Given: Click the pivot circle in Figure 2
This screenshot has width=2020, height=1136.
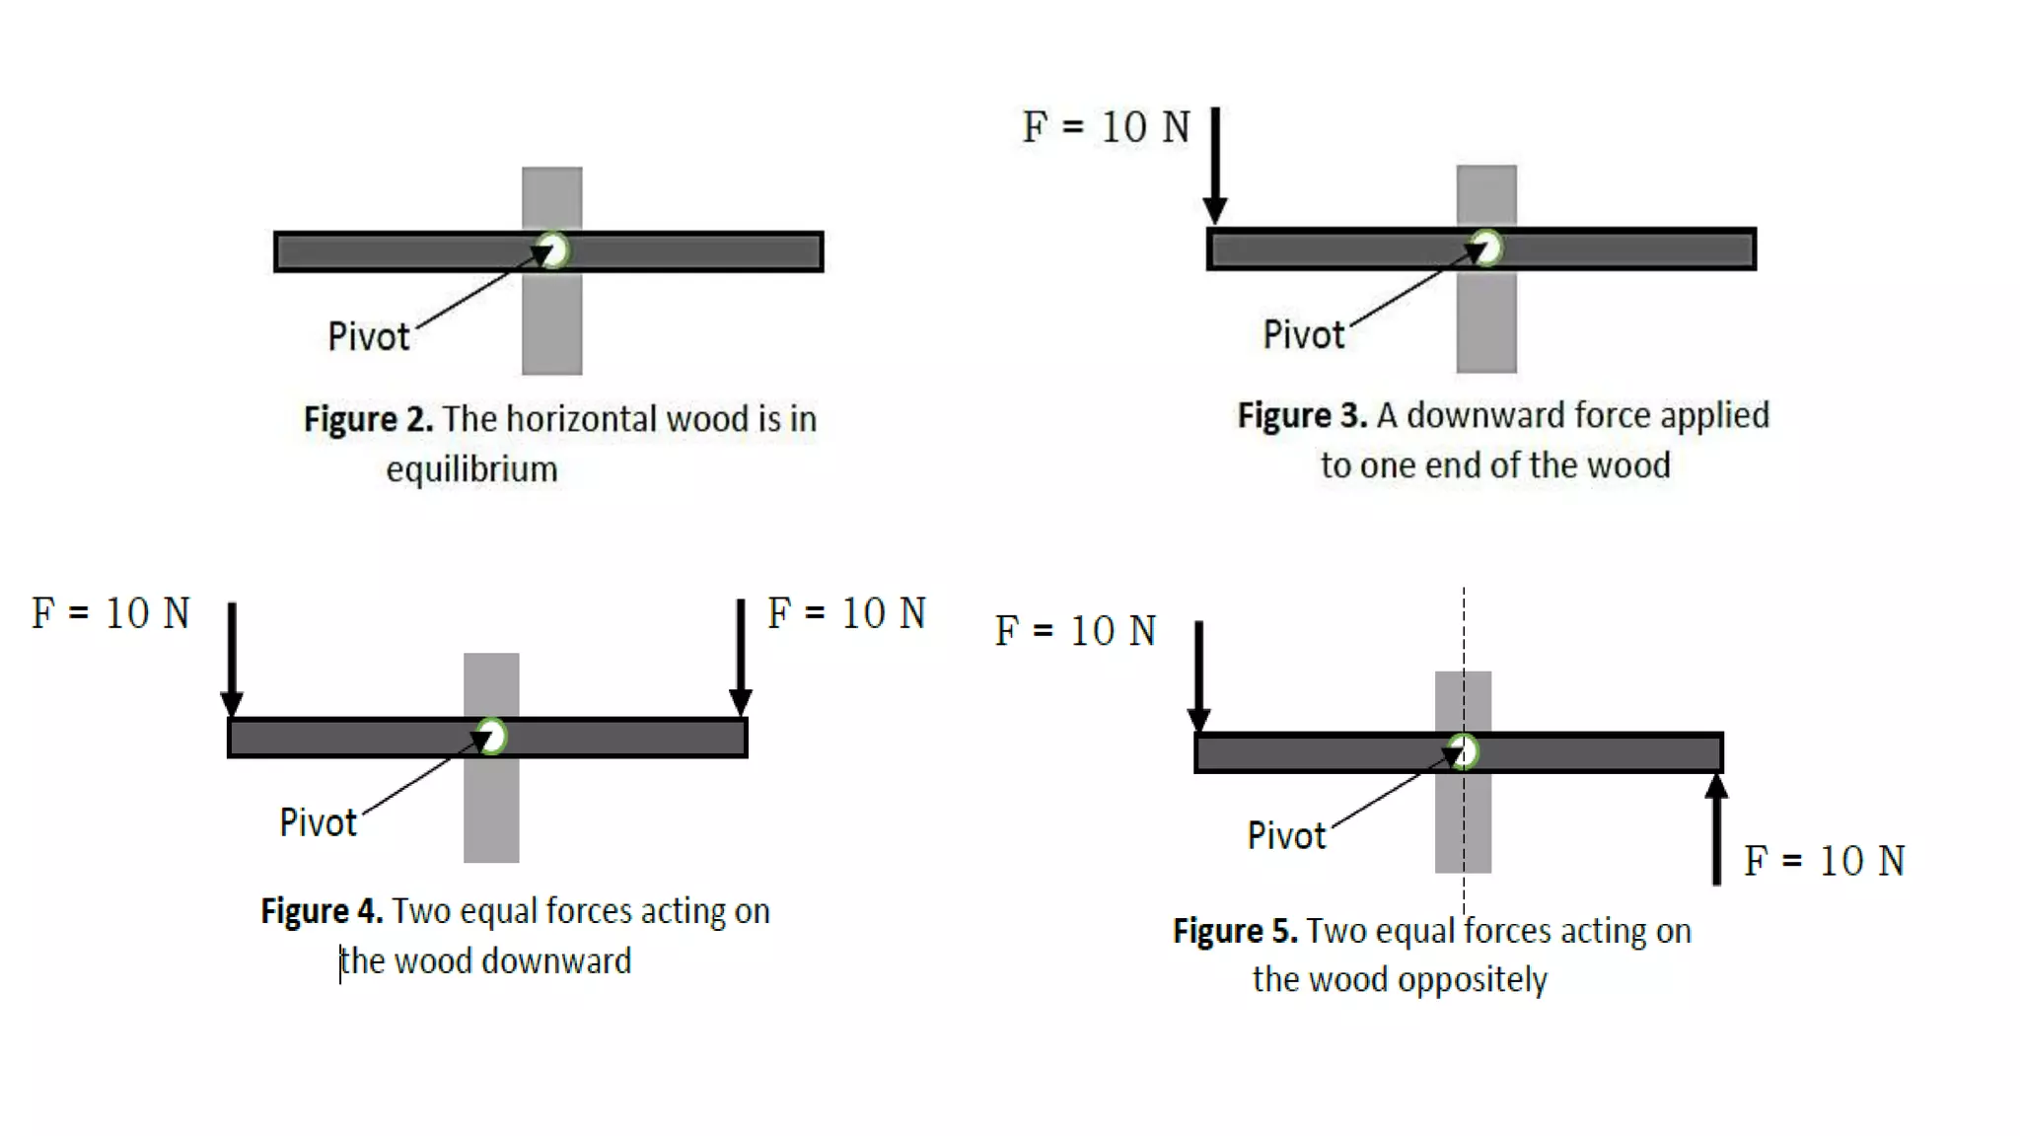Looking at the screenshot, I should pos(555,250).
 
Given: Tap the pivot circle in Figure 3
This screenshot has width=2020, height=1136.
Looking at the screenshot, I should pos(1488,248).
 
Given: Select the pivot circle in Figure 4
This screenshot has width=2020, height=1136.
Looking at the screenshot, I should pos(492,737).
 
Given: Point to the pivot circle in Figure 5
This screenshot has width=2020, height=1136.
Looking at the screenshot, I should pos(1465,751).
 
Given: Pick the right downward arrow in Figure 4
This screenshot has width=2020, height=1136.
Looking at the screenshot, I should pos(741,656).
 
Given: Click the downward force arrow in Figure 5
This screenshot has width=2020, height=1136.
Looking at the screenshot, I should pos(1198,675).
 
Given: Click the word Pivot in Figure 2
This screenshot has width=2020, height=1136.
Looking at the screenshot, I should pos(368,336).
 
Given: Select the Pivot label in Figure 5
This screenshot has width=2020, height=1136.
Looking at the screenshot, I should pos(1286,835).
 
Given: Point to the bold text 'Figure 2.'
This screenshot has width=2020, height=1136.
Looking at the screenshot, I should pos(368,419).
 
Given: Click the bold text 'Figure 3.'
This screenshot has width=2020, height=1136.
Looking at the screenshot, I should pos(1302,415).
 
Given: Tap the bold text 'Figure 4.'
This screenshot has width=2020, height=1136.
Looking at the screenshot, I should pos(322,911).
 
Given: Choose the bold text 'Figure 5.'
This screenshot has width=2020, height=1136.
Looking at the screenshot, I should pos(1235,931).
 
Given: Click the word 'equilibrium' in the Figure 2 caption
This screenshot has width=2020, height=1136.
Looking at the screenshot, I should pos(471,469).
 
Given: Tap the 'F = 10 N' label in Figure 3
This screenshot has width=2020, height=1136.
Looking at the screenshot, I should pos(1106,127).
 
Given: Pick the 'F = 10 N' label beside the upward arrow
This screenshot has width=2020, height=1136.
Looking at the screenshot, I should pos(1824,861).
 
